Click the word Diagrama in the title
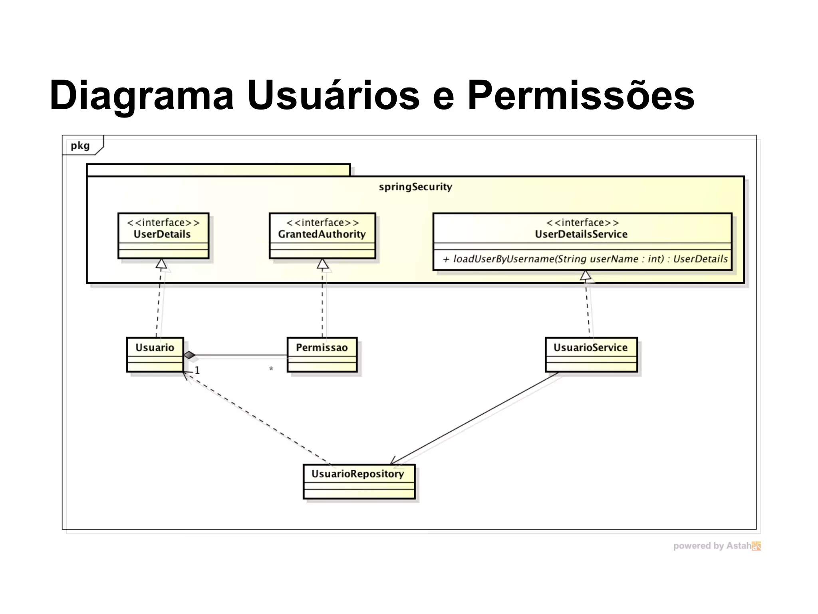(x=141, y=96)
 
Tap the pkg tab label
(x=80, y=146)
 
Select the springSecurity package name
(x=415, y=187)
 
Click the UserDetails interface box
(x=163, y=235)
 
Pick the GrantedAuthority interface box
(x=322, y=235)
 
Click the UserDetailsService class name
(x=581, y=234)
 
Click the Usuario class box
(x=155, y=354)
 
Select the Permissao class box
(x=322, y=354)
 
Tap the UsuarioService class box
(x=591, y=354)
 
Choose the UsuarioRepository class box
(x=359, y=481)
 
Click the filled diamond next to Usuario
(x=189, y=355)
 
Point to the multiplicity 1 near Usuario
(x=197, y=371)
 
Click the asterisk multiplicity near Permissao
(x=271, y=369)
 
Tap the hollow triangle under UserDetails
(x=161, y=264)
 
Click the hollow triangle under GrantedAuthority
(x=322, y=264)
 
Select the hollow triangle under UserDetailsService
(x=585, y=275)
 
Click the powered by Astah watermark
(x=717, y=546)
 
